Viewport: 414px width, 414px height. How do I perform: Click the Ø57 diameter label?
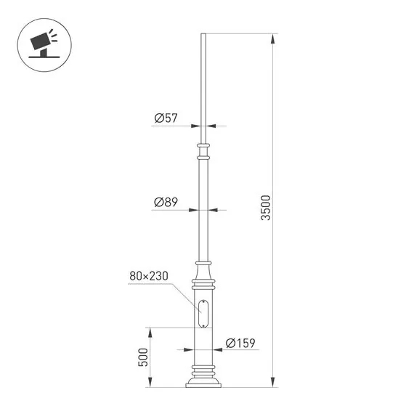pos(166,118)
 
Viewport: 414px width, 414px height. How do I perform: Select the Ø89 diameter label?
pos(166,203)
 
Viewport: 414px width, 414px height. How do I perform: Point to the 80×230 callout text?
pos(149,276)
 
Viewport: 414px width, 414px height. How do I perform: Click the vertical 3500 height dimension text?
pos(265,208)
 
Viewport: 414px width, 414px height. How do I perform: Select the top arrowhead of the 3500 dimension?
pos(273,37)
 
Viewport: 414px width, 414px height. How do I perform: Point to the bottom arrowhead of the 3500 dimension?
pos(273,383)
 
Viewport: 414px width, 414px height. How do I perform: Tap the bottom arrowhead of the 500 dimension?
pos(150,383)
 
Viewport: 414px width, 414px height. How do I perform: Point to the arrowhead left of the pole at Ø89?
pos(194,211)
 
